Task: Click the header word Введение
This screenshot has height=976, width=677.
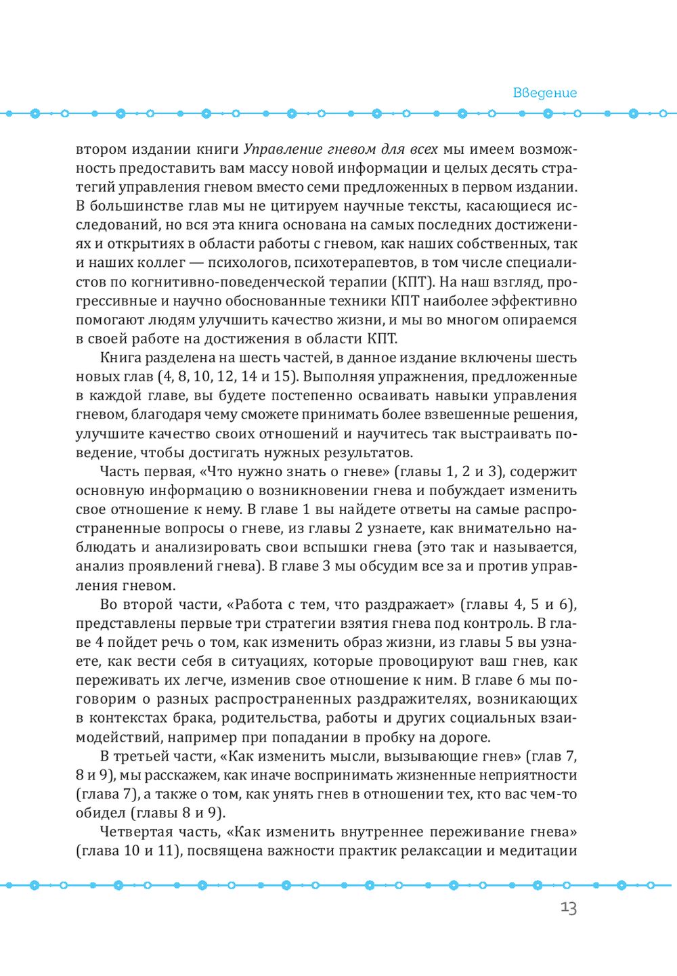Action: coord(544,93)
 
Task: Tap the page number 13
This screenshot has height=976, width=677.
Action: coord(569,908)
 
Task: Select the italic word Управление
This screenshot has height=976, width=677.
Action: coord(278,149)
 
